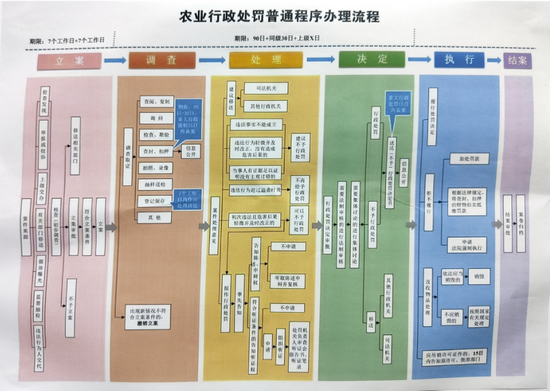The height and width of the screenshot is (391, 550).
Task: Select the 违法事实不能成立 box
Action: (x=259, y=125)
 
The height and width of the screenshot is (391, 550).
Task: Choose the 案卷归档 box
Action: (x=521, y=224)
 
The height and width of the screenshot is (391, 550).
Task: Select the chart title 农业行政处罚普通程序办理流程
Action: (x=279, y=17)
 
